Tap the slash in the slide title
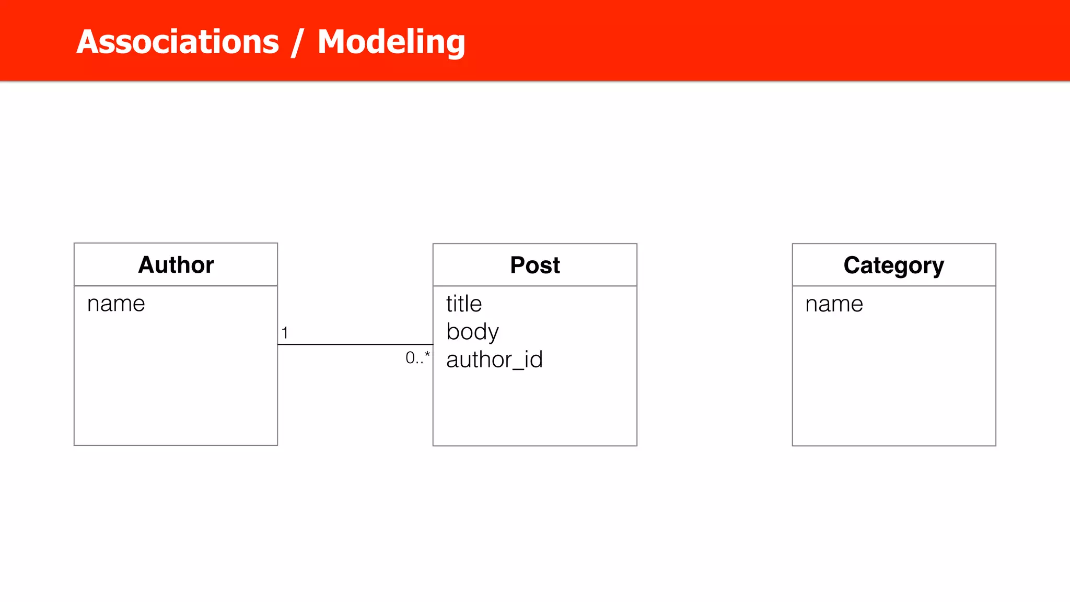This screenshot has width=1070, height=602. pyautogui.click(x=297, y=43)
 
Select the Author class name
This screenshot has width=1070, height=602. pyautogui.click(x=176, y=265)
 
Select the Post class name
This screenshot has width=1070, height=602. pyautogui.click(x=535, y=265)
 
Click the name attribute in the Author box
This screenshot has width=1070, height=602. pyautogui.click(x=116, y=304)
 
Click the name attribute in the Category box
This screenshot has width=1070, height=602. pyautogui.click(x=834, y=304)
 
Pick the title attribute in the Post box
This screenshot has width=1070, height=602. pyautogui.click(x=464, y=304)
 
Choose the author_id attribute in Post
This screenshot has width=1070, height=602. pyautogui.click(x=494, y=360)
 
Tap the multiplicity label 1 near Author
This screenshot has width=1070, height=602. pyautogui.click(x=285, y=333)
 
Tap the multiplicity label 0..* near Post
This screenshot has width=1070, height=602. pyautogui.click(x=417, y=358)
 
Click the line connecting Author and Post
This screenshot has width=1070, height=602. pyautogui.click(x=355, y=344)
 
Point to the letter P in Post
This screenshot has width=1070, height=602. pyautogui.click(x=518, y=265)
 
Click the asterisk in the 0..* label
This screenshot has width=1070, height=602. pyautogui.click(x=427, y=355)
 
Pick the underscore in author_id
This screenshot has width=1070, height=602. pyautogui.click(x=518, y=368)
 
